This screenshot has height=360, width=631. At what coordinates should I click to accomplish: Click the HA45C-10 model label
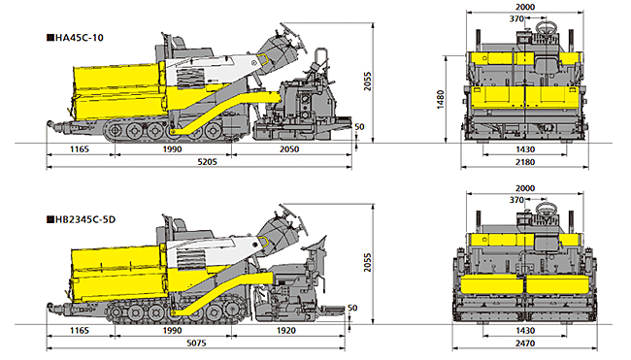pos(79,38)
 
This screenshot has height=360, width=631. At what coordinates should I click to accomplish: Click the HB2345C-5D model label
pos(84,219)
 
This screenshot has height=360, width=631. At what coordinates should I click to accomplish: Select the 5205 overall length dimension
pos(207,162)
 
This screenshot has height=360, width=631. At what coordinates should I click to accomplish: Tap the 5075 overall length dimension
pos(196,344)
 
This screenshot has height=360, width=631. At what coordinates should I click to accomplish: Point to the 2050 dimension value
pos(289,149)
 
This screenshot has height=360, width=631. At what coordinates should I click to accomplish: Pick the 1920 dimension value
pos(286,331)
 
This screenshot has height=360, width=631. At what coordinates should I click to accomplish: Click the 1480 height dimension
pos(441,99)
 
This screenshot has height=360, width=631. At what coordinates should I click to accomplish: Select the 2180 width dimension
pos(525,162)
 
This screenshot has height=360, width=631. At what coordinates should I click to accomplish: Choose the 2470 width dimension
pos(525,344)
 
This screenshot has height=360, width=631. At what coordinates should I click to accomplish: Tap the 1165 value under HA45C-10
pos(80,149)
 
